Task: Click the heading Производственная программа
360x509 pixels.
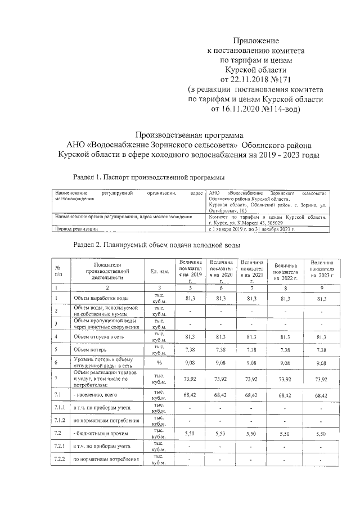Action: click(x=191, y=136)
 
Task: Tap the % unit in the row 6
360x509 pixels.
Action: click(x=159, y=363)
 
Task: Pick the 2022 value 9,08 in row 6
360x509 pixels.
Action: click(x=286, y=363)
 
